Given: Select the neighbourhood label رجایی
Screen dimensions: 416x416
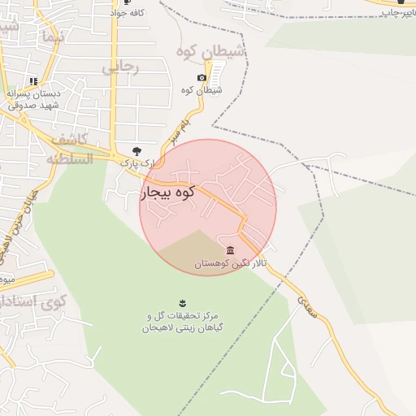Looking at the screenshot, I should (x=120, y=67).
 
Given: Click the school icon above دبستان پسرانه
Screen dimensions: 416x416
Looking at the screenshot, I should (x=33, y=81).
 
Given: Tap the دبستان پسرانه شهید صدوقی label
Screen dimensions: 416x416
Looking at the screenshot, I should (x=33, y=99).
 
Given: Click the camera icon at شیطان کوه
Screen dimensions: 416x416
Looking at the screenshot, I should (x=201, y=77).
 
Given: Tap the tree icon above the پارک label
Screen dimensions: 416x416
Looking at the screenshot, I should (x=136, y=151).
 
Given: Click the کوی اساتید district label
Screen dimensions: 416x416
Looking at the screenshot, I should (x=32, y=305).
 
